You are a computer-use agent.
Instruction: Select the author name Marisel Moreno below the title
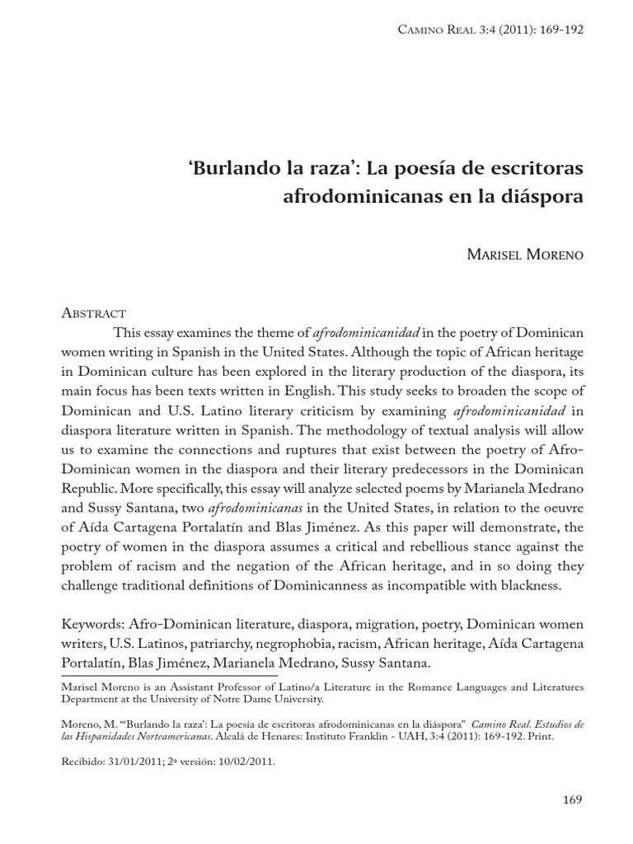(x=525, y=255)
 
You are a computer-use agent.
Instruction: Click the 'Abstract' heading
(x=94, y=312)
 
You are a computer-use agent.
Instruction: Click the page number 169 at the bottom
(x=572, y=799)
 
